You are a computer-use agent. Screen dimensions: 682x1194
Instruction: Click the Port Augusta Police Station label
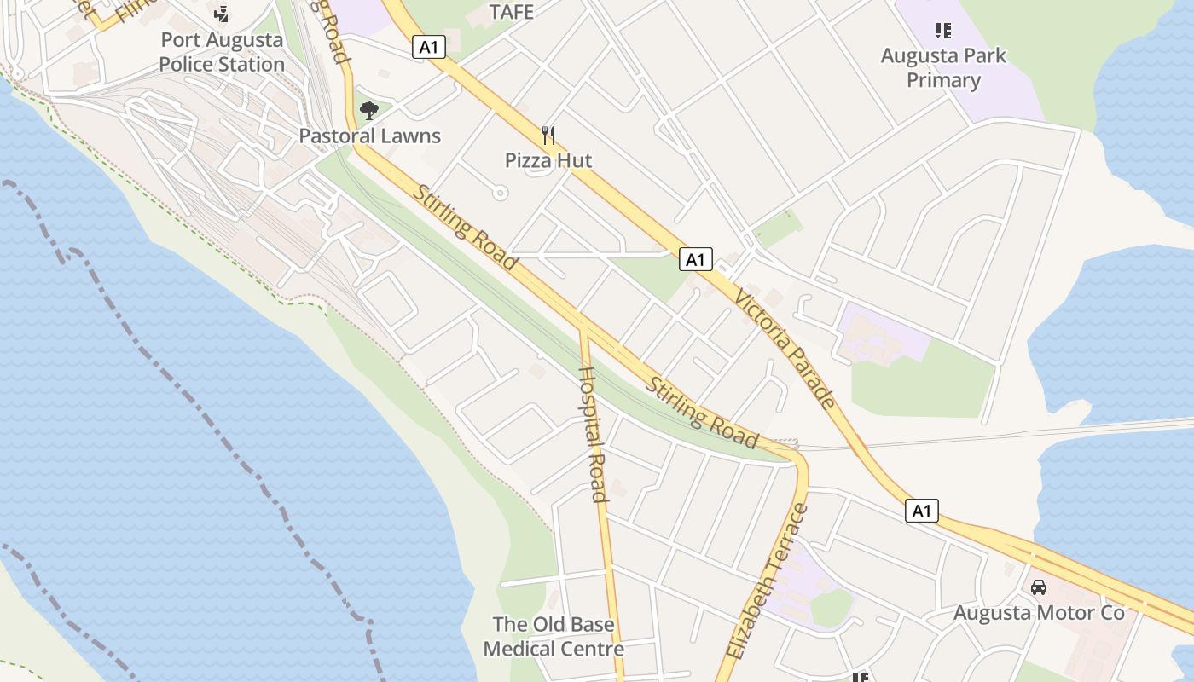tap(222, 52)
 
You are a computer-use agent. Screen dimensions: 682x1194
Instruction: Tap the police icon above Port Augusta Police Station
tap(222, 14)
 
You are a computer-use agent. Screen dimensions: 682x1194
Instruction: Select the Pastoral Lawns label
tap(369, 136)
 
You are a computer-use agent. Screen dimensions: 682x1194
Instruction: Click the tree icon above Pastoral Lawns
tap(369, 110)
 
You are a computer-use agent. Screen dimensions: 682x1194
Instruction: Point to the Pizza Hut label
tap(548, 160)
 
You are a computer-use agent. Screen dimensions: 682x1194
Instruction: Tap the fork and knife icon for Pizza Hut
tap(548, 135)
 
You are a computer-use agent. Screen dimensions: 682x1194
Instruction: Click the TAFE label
tap(512, 12)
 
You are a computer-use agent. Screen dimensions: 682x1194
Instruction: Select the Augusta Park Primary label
tap(943, 68)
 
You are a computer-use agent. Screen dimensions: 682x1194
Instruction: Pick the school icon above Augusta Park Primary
tap(942, 32)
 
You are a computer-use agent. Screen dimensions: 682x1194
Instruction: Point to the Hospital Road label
tap(593, 434)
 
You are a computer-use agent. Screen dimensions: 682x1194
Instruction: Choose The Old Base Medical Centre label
tap(554, 636)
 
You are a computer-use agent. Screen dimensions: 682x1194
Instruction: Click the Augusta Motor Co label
tap(1039, 613)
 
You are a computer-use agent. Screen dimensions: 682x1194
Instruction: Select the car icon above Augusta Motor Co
tap(1039, 587)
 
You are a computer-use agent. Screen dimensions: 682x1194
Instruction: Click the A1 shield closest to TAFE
tap(428, 47)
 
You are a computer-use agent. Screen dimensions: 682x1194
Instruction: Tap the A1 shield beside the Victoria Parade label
tap(696, 259)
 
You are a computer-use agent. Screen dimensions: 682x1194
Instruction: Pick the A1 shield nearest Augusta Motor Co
tap(921, 511)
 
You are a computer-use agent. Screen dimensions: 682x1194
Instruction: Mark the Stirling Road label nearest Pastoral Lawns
tap(465, 227)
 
